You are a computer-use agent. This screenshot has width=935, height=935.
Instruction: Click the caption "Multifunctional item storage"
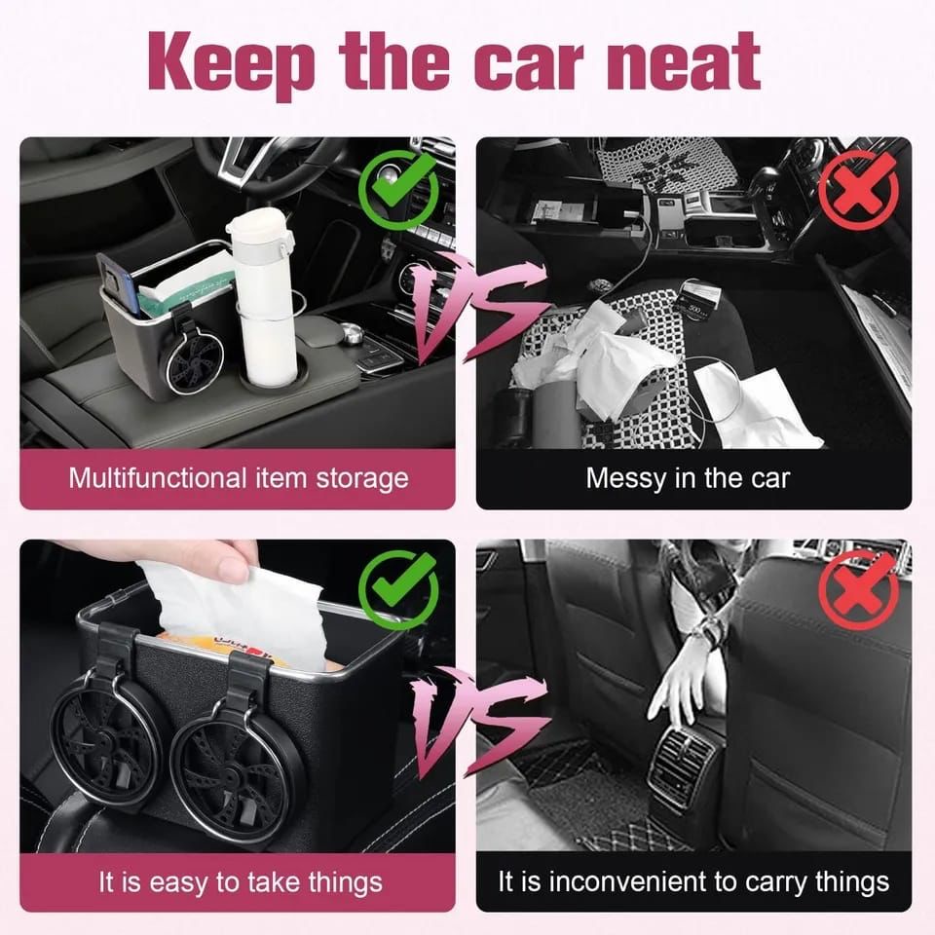[x=238, y=478]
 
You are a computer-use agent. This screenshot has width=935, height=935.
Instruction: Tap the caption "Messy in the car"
[x=688, y=478]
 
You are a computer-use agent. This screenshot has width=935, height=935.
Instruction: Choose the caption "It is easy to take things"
[x=240, y=882]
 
